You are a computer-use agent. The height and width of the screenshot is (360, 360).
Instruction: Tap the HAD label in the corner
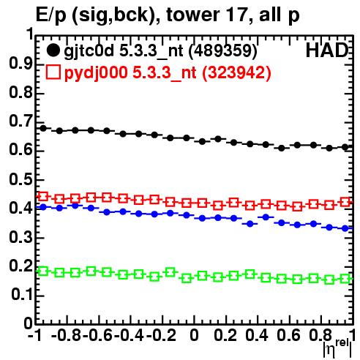[327, 50]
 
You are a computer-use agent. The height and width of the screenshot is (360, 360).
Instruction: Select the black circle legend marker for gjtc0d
[53, 50]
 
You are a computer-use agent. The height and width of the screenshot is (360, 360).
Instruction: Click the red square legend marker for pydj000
[53, 72]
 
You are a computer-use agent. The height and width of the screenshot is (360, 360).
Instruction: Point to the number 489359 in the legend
[223, 50]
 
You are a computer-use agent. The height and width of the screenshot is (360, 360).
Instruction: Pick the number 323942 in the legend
[236, 72]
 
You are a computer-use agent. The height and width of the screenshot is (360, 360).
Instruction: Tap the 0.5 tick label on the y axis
[20, 179]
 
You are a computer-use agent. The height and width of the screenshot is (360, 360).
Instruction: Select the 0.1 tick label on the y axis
[21, 295]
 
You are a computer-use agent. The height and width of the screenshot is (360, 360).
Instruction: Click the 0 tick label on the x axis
[194, 335]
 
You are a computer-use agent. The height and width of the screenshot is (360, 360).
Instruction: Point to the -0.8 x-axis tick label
[67, 335]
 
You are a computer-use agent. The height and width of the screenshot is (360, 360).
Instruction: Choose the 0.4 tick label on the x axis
[257, 335]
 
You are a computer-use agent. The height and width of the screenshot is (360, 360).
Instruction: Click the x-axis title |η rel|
[337, 349]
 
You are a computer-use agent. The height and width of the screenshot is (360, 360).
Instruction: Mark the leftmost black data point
[43, 128]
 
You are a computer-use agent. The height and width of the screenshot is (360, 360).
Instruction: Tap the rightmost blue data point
[345, 228]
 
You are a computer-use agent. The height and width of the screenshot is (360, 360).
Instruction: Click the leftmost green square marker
[43, 271]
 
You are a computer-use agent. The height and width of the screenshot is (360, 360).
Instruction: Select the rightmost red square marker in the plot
[345, 202]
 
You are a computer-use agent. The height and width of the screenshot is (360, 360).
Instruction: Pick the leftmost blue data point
[43, 207]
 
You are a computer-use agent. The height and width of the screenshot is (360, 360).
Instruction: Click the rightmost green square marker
[345, 278]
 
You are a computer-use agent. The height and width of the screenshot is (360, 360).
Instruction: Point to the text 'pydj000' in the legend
[96, 73]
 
